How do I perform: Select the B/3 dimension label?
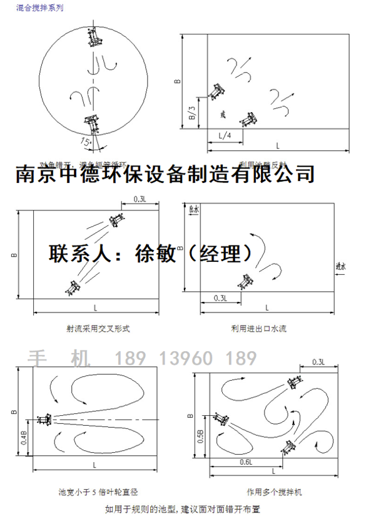[191, 113]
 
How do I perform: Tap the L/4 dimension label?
[225, 136]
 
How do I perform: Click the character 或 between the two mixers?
[223, 115]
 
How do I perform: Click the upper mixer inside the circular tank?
[95, 38]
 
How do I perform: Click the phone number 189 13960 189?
[185, 358]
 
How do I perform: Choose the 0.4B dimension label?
[24, 439]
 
